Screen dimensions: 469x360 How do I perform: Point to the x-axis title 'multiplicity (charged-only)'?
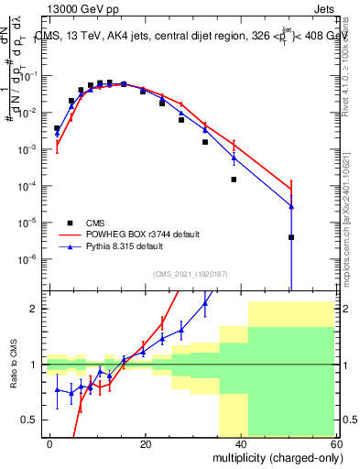point(271,456)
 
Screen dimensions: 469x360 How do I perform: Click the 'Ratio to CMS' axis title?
point(13,365)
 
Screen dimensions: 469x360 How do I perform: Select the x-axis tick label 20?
point(146,443)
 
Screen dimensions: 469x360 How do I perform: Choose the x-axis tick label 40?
point(241,443)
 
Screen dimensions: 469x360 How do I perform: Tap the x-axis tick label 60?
point(336,443)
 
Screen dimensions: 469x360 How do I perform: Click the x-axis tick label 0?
point(50,443)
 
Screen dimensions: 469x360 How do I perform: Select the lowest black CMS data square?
point(290,237)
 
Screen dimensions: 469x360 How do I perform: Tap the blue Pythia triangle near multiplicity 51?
point(290,206)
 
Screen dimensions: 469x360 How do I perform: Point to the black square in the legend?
point(72,222)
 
